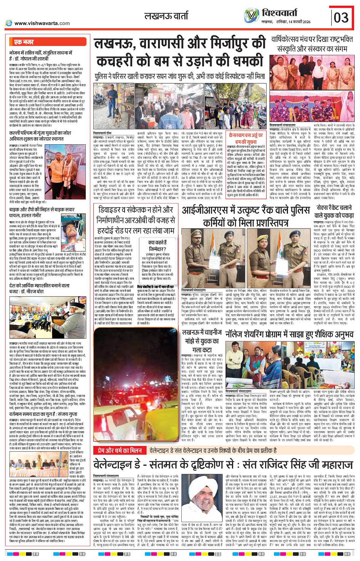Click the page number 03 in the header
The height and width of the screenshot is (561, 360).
pyautogui.click(x=341, y=18)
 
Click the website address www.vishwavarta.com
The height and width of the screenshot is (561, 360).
pyautogui.click(x=42, y=23)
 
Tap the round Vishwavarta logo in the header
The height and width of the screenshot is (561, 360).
pyautogui.click(x=251, y=16)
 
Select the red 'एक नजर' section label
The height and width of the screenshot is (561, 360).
pyautogui.click(x=24, y=42)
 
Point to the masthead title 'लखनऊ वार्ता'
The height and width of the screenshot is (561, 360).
pyautogui.click(x=166, y=16)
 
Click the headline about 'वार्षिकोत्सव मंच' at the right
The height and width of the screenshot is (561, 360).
pyautogui.click(x=312, y=44)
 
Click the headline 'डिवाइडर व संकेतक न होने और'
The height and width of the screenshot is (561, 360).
pyautogui.click(x=136, y=210)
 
